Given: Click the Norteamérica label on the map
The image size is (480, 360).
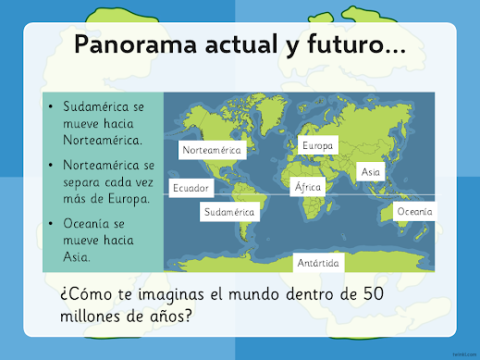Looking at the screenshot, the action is click(213, 150).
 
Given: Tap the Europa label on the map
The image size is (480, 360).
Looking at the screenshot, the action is click(318, 145).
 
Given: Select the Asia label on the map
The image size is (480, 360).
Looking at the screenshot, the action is click(371, 171).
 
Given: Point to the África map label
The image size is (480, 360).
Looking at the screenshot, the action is click(308, 187).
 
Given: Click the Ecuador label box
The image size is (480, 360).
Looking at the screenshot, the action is click(191, 188).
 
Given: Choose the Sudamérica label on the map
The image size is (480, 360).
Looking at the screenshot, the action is click(229, 212).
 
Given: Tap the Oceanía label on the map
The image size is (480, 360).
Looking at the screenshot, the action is click(414, 211).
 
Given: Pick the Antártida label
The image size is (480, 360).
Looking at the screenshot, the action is click(318, 263).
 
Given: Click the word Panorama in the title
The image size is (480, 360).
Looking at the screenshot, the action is click(136, 44).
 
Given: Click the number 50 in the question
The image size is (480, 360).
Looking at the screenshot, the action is click(374, 293).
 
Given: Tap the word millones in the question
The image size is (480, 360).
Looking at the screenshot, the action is click(91, 316).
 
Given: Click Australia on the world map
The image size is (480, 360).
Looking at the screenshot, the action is click(395, 216).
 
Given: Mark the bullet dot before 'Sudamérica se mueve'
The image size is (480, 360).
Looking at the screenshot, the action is click(51, 106).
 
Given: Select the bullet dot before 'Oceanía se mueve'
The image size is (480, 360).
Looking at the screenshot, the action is click(51, 223).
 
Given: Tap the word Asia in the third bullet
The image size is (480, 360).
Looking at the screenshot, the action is click(77, 256).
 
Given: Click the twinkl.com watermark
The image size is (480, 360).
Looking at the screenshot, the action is click(464, 354).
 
